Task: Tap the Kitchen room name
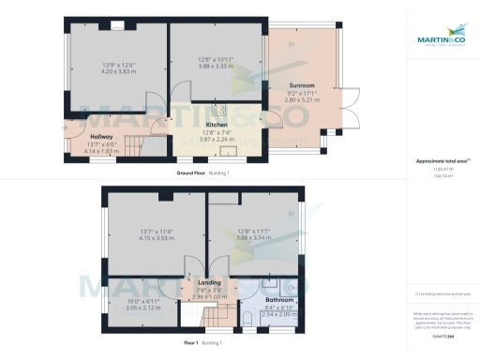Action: (217, 125)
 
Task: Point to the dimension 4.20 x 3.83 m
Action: (118, 70)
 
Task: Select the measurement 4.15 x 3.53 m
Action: (157, 238)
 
